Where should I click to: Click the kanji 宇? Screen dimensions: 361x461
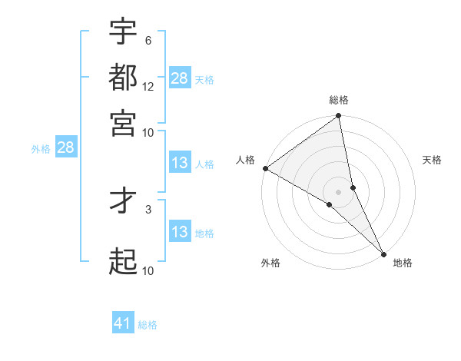(x=123, y=32)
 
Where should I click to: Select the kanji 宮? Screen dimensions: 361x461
(x=123, y=122)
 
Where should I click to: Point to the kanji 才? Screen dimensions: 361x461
(x=123, y=201)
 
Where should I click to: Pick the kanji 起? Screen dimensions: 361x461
(x=123, y=262)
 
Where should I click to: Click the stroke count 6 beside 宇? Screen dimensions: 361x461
(x=148, y=41)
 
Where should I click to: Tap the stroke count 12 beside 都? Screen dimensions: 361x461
(x=148, y=87)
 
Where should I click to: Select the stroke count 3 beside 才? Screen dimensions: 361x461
(x=148, y=207)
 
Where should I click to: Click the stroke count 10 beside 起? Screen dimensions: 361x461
(x=148, y=270)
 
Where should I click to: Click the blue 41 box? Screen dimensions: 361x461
(x=123, y=323)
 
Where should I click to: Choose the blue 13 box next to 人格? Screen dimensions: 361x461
(x=180, y=164)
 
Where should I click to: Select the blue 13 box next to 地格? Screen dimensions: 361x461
(x=180, y=232)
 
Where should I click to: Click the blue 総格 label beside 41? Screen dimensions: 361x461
(x=148, y=325)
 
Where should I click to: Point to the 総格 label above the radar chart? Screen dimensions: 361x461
(x=338, y=100)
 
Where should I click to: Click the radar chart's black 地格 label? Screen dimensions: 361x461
(x=403, y=263)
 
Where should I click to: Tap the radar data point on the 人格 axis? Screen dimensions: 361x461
(x=265, y=168)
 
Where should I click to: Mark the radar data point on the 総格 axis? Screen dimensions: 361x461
(x=338, y=117)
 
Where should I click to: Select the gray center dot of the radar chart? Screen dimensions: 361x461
(x=338, y=191)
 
